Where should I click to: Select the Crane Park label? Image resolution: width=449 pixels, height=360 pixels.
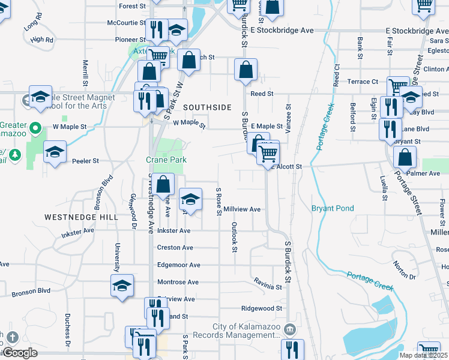pyautogui.click(x=166, y=160)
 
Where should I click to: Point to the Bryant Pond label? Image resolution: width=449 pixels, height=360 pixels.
pyautogui.click(x=332, y=208)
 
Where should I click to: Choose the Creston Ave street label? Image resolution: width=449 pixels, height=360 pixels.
pyautogui.click(x=175, y=247)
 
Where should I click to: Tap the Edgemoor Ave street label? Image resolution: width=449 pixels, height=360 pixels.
pyautogui.click(x=178, y=265)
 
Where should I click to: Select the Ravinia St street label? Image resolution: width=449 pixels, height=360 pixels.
pyautogui.click(x=267, y=287)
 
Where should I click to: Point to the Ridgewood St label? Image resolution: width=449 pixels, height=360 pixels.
pyautogui.click(x=261, y=308)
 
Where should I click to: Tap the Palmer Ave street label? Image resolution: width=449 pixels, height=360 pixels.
pyautogui.click(x=423, y=173)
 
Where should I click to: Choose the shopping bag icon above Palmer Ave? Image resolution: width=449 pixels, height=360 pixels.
pyautogui.click(x=405, y=157)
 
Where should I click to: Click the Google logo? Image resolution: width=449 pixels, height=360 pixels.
pyautogui.click(x=20, y=353)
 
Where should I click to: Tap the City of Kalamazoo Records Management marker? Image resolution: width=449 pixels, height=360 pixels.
pyautogui.click(x=289, y=329)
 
